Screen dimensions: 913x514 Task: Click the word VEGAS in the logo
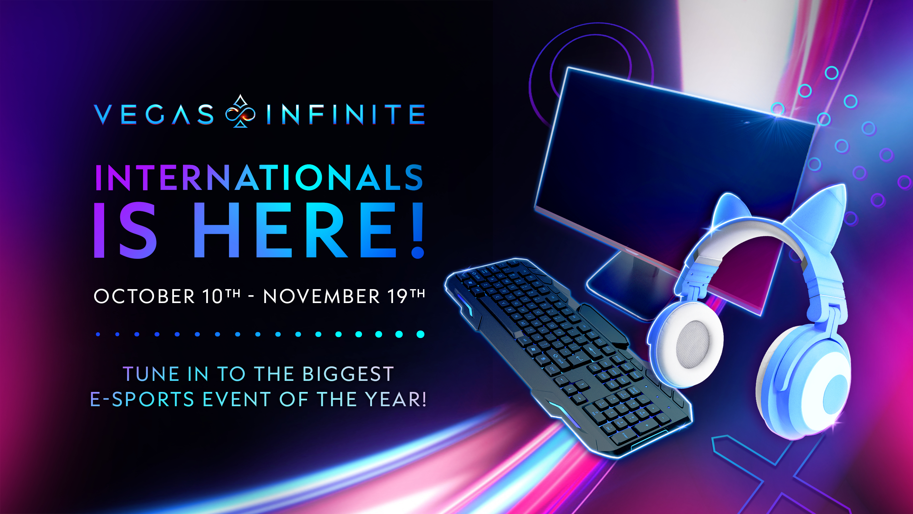coord(154,115)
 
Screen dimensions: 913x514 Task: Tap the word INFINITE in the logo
coord(346,115)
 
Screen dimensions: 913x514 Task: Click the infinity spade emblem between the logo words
coord(240,111)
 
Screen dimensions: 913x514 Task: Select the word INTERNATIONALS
coord(259,177)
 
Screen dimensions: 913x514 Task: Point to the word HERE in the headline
coord(295,230)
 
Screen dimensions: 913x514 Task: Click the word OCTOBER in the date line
coord(144,296)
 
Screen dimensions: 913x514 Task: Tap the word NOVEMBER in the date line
coord(322,296)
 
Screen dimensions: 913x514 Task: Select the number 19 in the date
coord(398,296)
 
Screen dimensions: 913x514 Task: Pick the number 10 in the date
coord(213,296)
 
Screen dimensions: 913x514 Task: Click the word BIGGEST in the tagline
coord(348,374)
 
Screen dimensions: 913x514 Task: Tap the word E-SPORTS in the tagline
coord(142,399)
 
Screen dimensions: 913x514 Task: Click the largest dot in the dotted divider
coord(420,334)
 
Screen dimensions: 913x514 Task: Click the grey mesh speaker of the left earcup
coord(694,344)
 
